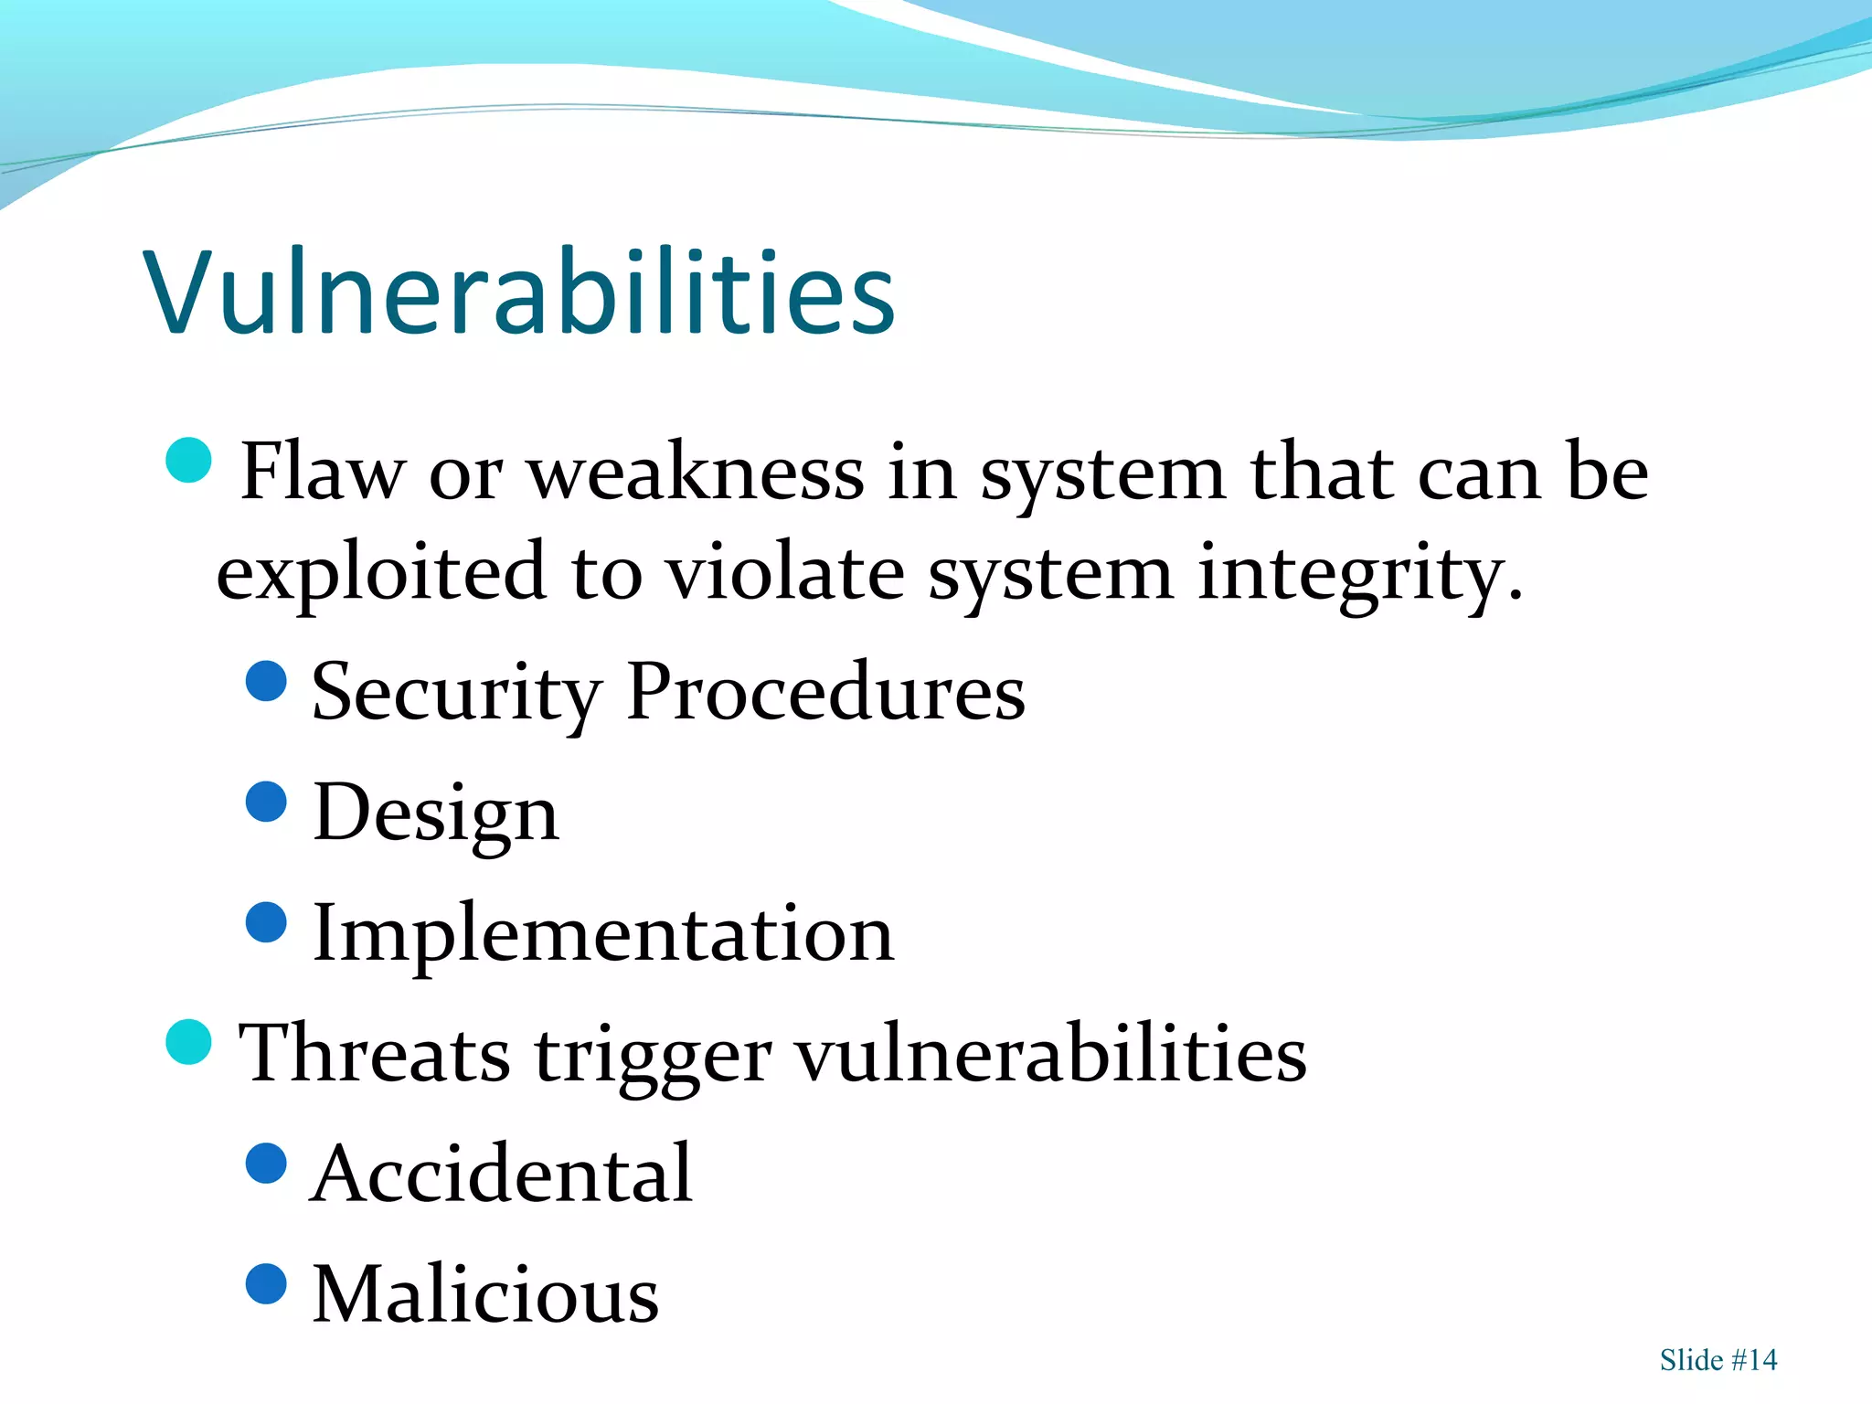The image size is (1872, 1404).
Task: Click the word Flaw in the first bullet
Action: (322, 473)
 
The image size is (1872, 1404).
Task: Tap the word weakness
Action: (697, 473)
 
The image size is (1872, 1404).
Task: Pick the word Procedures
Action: (825, 692)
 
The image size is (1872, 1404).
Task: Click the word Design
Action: (435, 814)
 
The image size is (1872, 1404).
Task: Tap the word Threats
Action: (375, 1054)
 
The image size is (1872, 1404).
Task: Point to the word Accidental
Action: (502, 1175)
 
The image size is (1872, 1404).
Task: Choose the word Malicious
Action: (485, 1294)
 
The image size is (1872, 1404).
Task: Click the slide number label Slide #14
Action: (1718, 1360)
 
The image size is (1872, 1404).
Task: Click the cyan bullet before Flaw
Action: (189, 461)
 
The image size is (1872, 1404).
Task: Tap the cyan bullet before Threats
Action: (189, 1042)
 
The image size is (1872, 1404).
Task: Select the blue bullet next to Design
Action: (267, 802)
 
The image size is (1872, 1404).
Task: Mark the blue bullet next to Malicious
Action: (267, 1283)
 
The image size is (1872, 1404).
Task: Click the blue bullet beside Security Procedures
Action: (267, 681)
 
